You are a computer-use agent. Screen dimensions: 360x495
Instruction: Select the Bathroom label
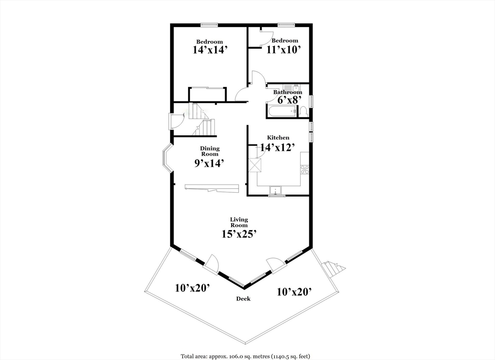click(x=288, y=92)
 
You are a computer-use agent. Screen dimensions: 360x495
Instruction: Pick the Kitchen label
click(x=278, y=138)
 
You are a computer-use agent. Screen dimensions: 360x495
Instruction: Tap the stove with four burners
click(x=305, y=169)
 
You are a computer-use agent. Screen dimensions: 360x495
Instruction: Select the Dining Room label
click(x=210, y=151)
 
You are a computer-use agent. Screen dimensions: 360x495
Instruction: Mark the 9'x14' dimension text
click(x=209, y=163)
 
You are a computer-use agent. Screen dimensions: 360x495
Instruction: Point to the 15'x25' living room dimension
click(x=239, y=234)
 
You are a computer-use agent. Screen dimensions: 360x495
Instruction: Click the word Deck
click(x=243, y=299)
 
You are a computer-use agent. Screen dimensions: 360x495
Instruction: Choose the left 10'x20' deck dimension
click(x=192, y=288)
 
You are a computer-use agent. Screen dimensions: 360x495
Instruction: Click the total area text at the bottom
click(x=245, y=356)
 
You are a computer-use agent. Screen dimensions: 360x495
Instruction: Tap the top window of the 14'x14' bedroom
click(x=209, y=25)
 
